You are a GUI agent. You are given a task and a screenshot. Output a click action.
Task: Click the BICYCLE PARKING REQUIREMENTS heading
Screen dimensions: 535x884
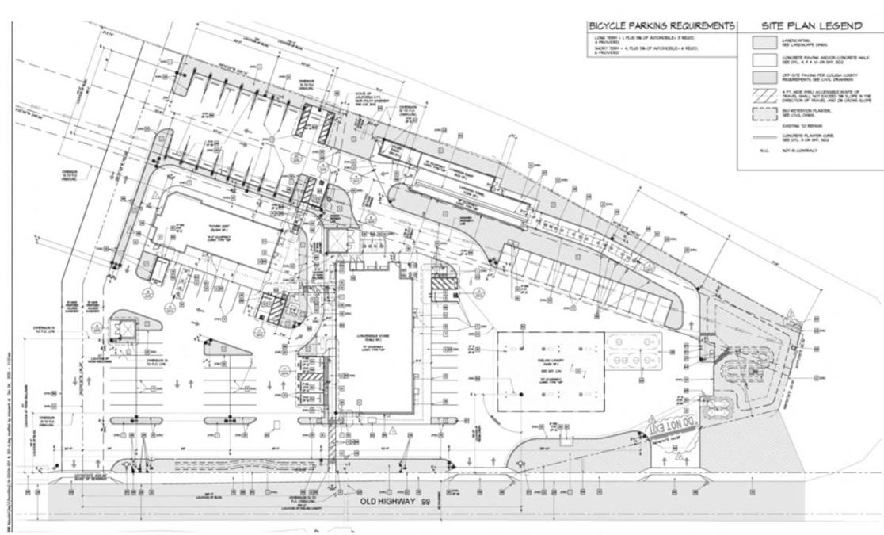tap(660, 27)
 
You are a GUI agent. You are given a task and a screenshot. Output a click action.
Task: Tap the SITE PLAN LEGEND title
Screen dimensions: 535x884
tap(811, 27)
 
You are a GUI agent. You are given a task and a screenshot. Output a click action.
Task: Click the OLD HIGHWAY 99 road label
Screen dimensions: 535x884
tap(381, 503)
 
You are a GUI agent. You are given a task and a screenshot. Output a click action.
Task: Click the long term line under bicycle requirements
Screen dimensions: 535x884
tap(642, 40)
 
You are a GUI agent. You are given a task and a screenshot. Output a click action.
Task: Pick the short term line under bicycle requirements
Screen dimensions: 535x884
tap(642, 51)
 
